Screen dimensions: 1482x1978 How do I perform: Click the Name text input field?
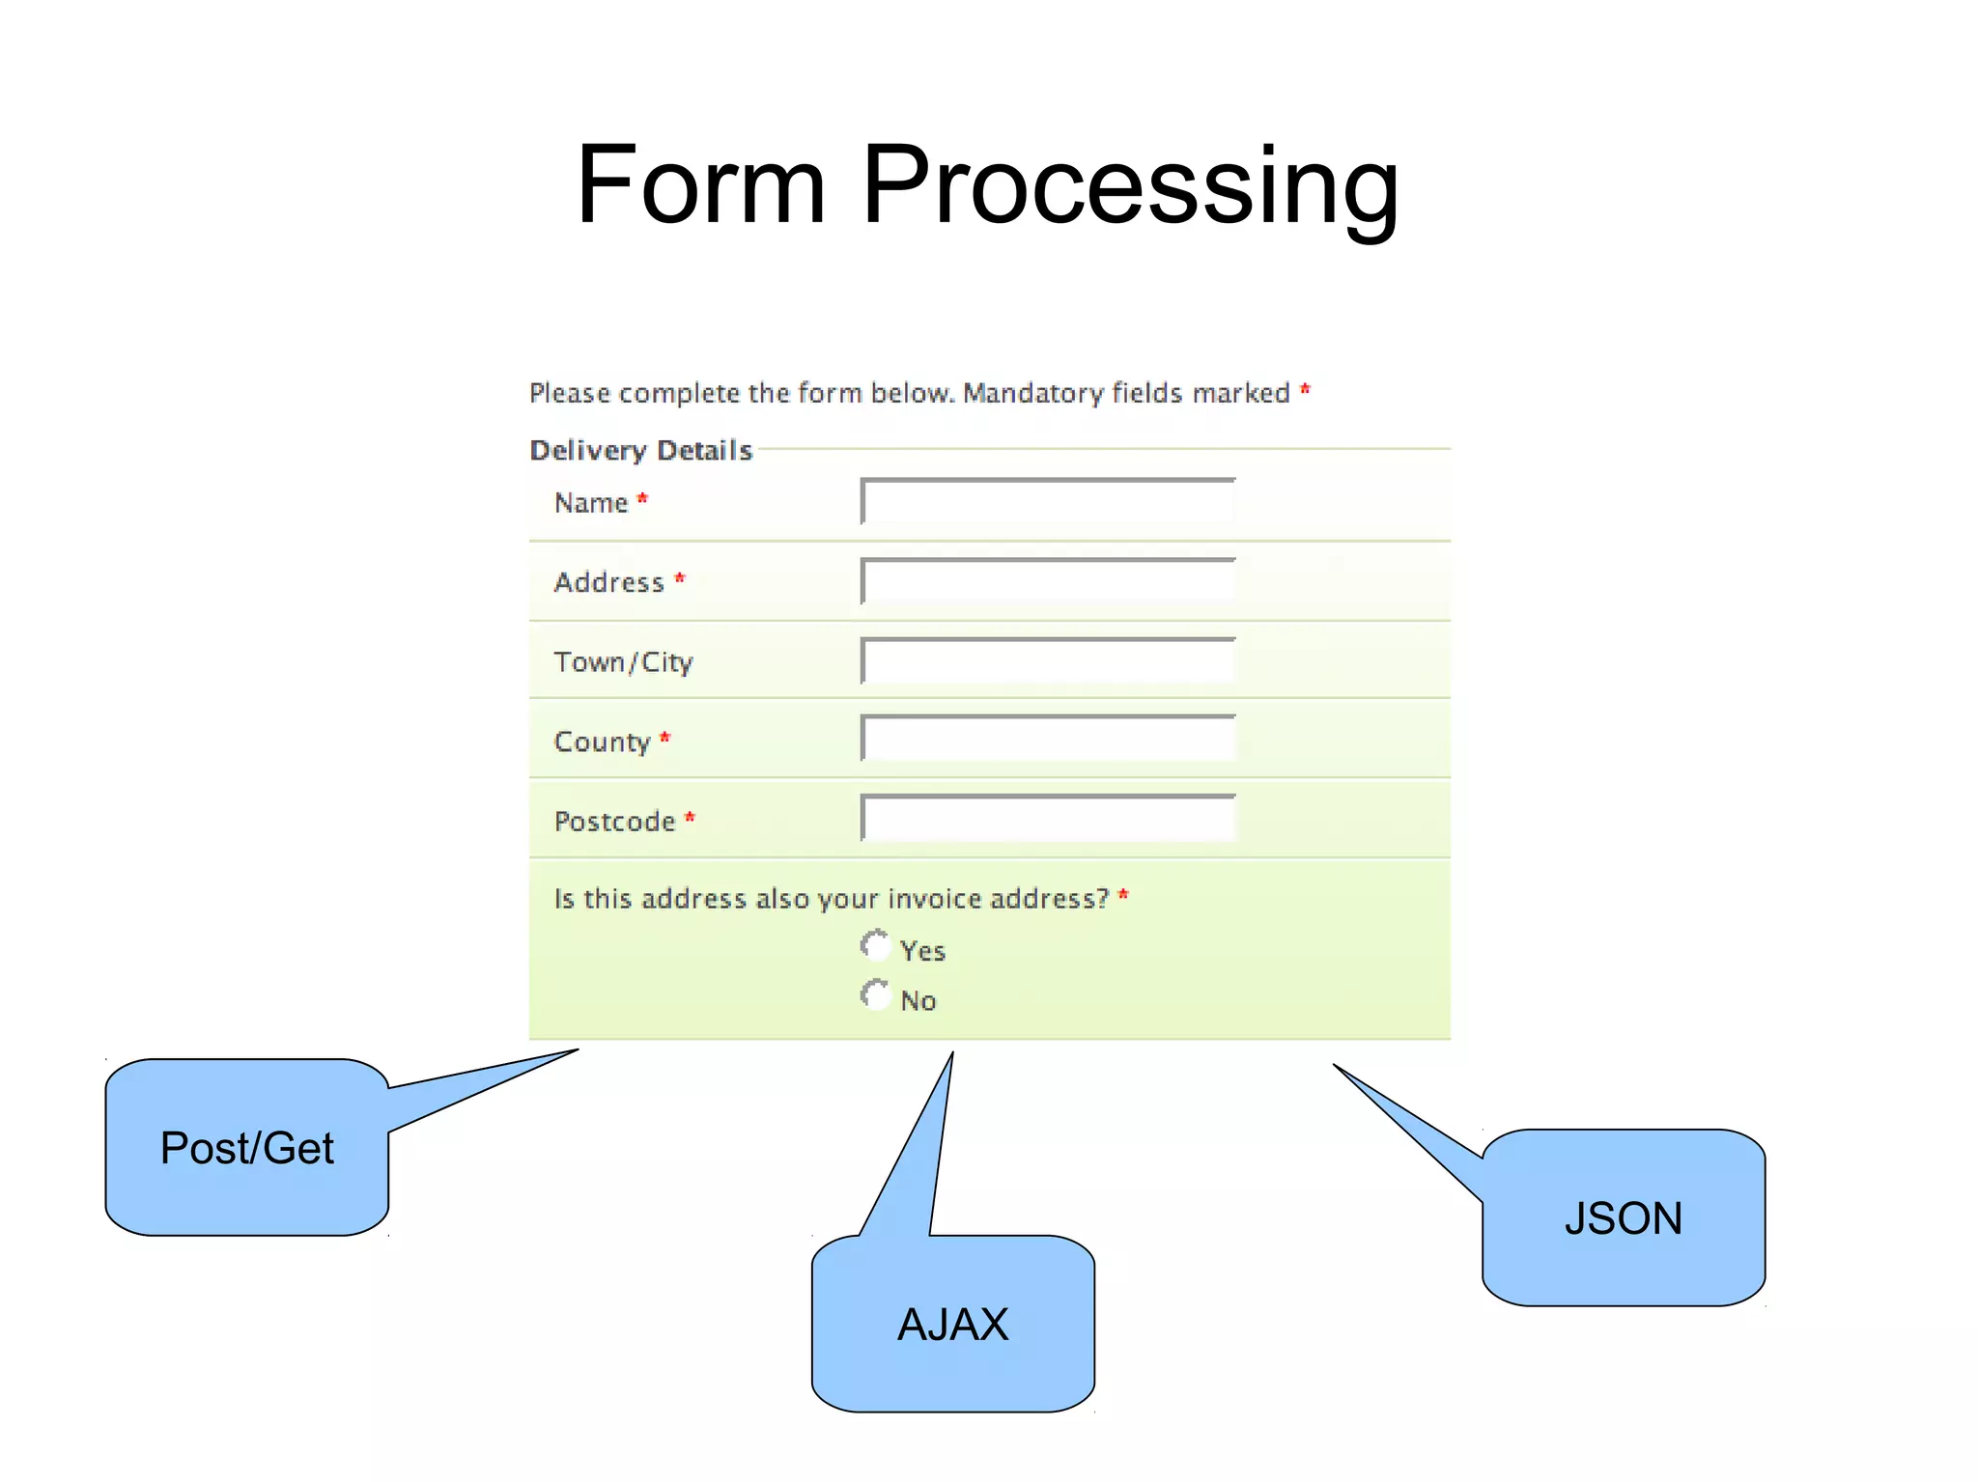[1048, 502]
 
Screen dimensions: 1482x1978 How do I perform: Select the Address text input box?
[1048, 581]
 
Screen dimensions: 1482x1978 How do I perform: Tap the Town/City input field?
[1048, 661]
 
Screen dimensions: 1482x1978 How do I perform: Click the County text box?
[1048, 740]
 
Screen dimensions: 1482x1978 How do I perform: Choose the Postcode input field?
[1048, 819]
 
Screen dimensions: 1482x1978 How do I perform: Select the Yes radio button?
[875, 945]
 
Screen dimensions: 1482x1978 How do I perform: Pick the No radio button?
[875, 995]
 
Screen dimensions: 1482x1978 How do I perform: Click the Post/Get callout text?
[247, 1148]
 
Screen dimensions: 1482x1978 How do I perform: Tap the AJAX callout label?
[952, 1324]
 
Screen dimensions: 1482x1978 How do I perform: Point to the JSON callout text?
[1624, 1218]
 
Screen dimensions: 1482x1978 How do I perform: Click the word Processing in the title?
[1130, 185]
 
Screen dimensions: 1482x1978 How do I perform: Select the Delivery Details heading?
[641, 450]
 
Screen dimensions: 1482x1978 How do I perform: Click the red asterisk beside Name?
[642, 498]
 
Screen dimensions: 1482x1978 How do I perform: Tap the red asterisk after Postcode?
[690, 818]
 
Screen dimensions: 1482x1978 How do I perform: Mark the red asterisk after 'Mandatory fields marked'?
[1305, 389]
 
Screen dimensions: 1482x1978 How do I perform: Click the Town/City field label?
[624, 662]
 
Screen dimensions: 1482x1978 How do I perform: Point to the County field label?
[602, 741]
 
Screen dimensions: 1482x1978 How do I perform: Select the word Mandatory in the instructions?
[1032, 393]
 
